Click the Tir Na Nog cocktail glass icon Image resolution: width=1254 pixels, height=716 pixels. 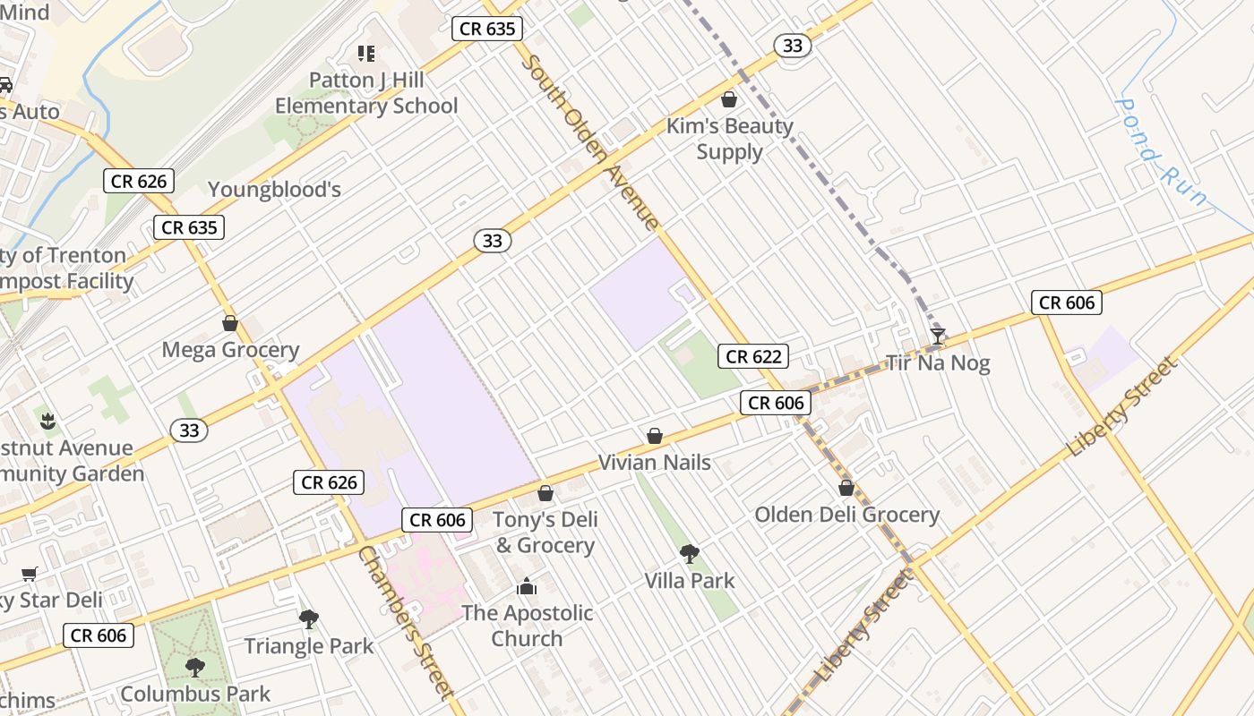coord(938,337)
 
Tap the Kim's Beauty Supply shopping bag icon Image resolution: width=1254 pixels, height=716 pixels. coord(729,99)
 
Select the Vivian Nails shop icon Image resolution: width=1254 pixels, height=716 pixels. coord(655,436)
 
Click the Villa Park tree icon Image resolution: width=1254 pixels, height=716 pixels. coord(689,554)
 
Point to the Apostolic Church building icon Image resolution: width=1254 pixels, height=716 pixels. coord(527,587)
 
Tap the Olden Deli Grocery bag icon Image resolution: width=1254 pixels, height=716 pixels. coord(846,488)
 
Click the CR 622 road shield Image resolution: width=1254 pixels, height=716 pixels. coord(754,356)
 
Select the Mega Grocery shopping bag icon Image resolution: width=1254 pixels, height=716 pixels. coord(230,323)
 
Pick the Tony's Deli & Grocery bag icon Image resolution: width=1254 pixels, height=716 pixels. coord(545,493)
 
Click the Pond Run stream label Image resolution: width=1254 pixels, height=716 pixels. coord(1161,152)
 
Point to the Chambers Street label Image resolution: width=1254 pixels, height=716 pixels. coord(406,621)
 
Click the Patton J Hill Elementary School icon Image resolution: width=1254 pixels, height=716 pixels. coord(365,54)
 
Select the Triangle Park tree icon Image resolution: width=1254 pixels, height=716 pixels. coord(309,618)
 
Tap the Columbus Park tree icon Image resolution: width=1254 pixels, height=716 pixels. coord(194,667)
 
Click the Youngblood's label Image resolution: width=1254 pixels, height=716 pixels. coord(275,189)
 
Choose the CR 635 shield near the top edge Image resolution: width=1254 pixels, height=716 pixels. coord(487,29)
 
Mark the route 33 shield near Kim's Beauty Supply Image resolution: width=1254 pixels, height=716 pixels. coord(793,45)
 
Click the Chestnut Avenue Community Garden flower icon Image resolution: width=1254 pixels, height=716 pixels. coord(47,421)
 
